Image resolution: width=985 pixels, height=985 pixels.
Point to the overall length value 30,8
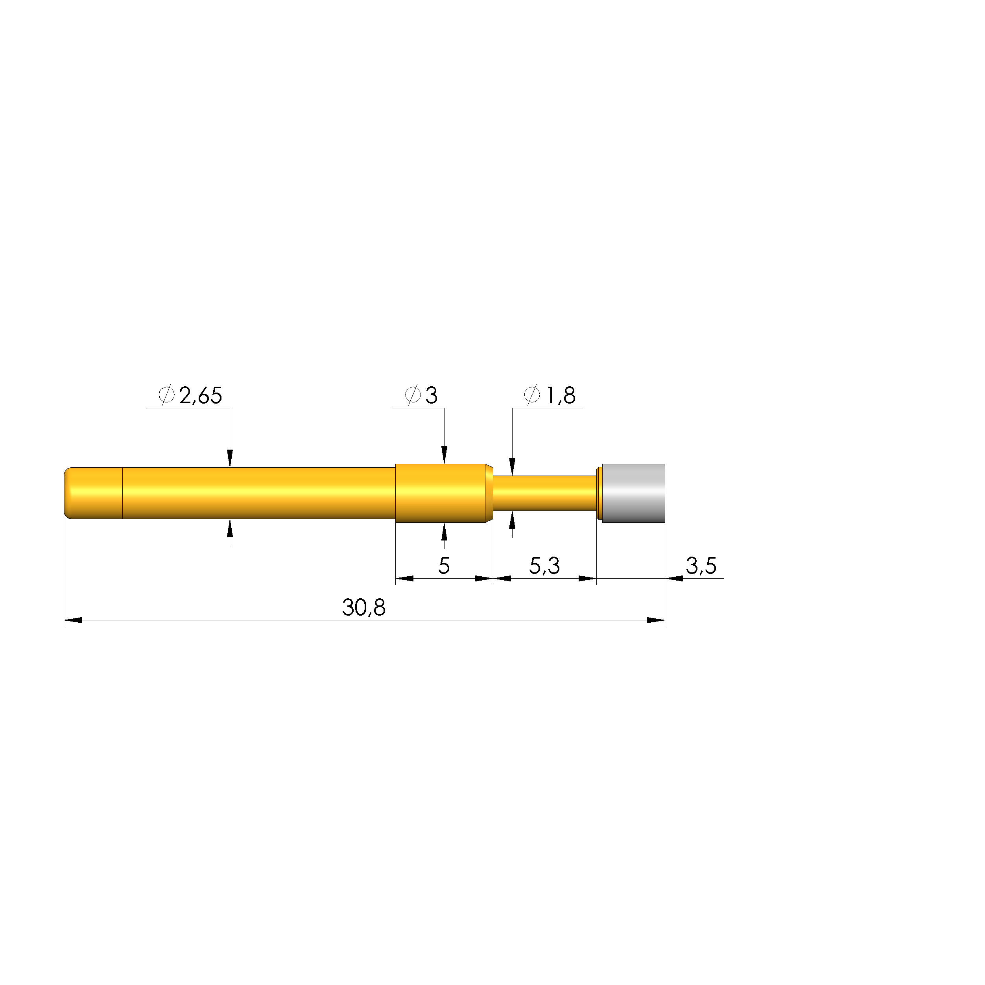coord(363,608)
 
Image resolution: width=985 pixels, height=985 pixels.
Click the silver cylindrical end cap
coord(633,493)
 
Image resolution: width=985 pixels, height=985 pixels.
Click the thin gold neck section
coord(544,493)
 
